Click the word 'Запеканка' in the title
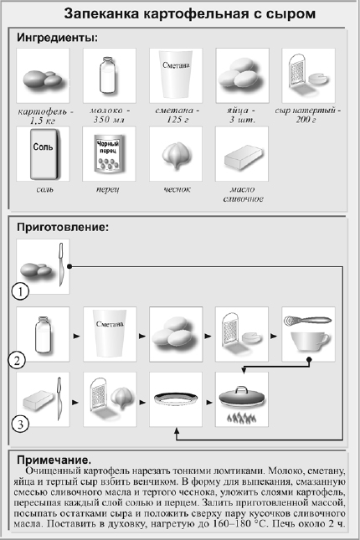click(x=102, y=14)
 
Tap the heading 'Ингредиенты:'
click(x=58, y=38)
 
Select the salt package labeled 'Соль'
click(x=44, y=154)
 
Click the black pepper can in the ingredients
click(x=109, y=154)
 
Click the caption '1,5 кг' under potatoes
click(x=43, y=121)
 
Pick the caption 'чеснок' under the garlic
click(x=177, y=189)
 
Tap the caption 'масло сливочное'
click(x=244, y=194)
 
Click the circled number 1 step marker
click(x=20, y=291)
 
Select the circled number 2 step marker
click(x=17, y=361)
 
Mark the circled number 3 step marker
click(x=20, y=424)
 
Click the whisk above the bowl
click(x=307, y=321)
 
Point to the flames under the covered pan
click(x=241, y=418)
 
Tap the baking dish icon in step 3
click(x=176, y=399)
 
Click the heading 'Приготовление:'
click(x=63, y=227)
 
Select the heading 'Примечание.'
click(x=54, y=460)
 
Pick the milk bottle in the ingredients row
click(x=107, y=75)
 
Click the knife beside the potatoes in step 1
click(x=61, y=265)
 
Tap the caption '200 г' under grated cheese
click(x=306, y=120)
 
